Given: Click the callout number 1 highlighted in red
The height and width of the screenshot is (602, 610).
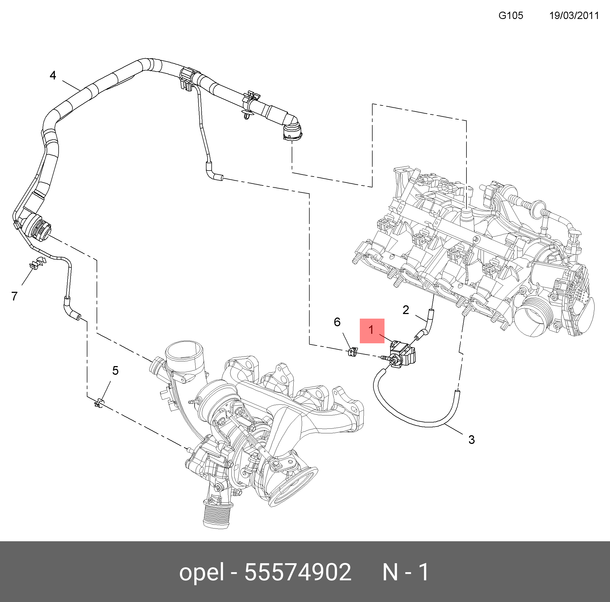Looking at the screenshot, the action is point(372,330).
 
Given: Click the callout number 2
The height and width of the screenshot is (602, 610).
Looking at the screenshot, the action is point(406,310).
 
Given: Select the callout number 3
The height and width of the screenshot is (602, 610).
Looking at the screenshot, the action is point(471,439).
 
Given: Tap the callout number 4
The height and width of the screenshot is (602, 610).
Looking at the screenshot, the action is point(53,75).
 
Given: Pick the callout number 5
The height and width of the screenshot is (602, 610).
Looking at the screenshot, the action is point(115,370).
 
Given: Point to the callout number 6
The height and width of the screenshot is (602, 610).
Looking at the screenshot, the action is point(337,322).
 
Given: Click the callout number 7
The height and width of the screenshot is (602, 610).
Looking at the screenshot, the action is point(14,296).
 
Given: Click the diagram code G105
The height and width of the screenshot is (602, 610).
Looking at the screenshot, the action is point(510,15).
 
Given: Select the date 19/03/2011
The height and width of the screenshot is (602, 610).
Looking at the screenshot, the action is point(574,15).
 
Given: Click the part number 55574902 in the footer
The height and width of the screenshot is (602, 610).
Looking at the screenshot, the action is point(297,572).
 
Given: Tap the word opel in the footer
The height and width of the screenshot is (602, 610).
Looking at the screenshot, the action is point(201,572).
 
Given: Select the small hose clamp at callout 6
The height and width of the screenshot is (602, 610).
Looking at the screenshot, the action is point(353,352).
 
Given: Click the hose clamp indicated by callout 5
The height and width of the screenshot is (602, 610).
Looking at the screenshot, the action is point(99,402).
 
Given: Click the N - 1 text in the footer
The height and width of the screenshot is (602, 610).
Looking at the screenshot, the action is point(405,572).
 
